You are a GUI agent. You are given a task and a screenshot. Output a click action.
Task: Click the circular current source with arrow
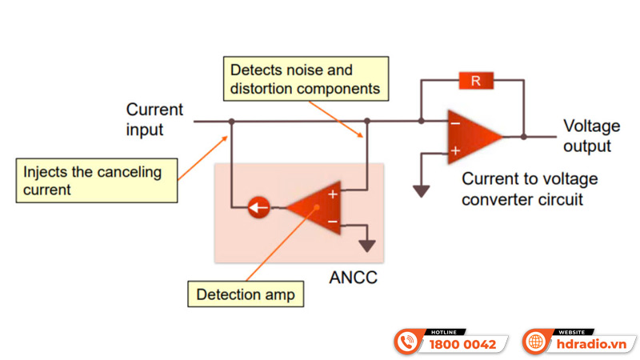(257, 209)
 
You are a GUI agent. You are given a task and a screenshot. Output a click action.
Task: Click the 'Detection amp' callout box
(246, 294)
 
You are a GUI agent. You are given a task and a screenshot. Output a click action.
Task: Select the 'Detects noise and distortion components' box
(303, 78)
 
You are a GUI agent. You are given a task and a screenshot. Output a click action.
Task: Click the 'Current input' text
(154, 119)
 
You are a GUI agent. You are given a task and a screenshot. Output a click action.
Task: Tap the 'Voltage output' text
(592, 136)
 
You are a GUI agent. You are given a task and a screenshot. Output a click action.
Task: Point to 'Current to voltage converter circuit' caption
(530, 189)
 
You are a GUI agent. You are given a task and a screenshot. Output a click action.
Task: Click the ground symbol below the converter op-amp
(421, 190)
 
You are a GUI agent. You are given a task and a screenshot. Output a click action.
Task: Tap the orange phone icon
(410, 342)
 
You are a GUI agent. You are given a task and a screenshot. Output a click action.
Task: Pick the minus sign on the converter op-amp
(454, 124)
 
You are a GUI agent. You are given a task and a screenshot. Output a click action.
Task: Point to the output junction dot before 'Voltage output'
(524, 136)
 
